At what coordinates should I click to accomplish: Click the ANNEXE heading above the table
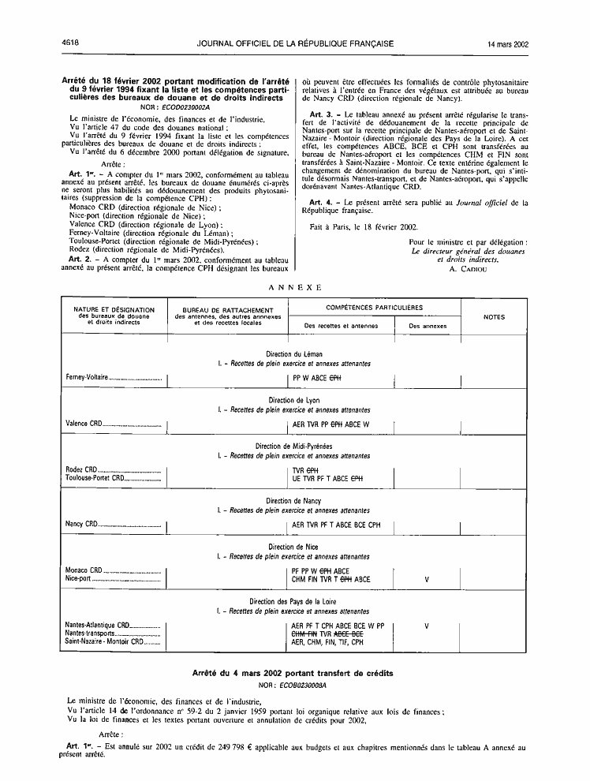[295, 287]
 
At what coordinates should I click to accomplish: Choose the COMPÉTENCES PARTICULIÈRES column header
[374, 306]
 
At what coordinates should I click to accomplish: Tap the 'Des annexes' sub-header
[428, 326]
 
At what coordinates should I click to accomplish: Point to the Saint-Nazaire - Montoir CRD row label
[104, 641]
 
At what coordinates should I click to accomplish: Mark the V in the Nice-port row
[427, 578]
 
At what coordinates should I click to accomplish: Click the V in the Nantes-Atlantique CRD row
[427, 626]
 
